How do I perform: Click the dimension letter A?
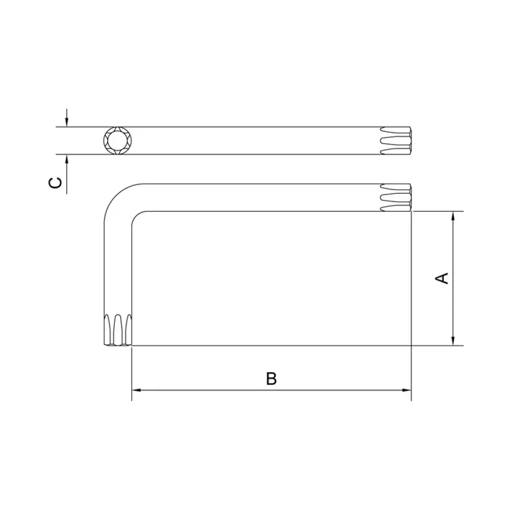click(442, 278)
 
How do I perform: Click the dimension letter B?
click(271, 378)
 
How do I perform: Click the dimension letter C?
click(55, 183)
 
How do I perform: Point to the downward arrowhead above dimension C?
click(67, 122)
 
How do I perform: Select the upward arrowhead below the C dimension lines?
click(67, 159)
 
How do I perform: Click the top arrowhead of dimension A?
click(453, 216)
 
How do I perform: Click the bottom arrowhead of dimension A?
click(453, 341)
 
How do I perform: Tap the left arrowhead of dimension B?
click(136, 390)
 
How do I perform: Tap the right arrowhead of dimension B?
click(407, 390)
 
